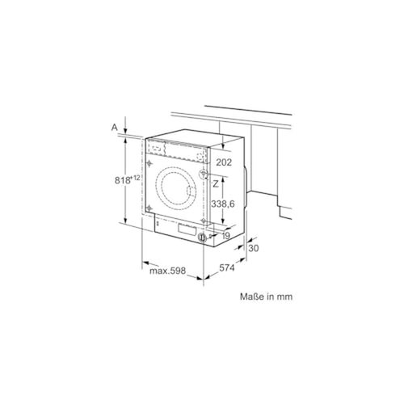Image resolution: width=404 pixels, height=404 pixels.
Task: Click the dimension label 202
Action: click(x=224, y=162)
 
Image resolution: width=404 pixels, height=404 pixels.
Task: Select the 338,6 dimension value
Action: click(x=222, y=204)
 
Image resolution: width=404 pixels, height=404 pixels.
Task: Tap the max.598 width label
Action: click(x=167, y=271)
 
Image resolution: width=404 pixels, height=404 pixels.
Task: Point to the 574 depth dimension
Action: click(x=227, y=267)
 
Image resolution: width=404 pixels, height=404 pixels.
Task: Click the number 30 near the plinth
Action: click(x=253, y=248)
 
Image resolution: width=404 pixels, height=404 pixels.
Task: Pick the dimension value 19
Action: click(x=225, y=236)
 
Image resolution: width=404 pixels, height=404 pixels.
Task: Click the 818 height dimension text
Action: click(x=123, y=180)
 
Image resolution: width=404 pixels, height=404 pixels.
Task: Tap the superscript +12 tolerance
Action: click(x=136, y=178)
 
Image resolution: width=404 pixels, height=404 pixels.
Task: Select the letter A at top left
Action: click(x=115, y=127)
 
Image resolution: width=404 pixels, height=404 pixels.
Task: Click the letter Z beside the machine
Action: click(x=216, y=184)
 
